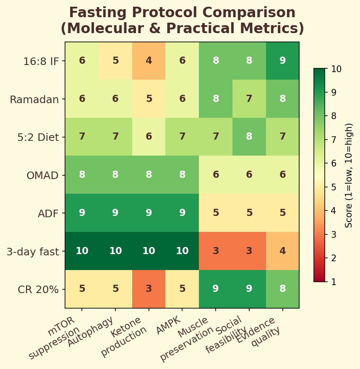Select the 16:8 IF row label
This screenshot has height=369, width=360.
click(x=41, y=61)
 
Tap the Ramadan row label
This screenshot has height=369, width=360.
click(x=34, y=99)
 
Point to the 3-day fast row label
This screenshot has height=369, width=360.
click(x=33, y=252)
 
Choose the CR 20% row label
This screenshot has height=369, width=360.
click(x=38, y=290)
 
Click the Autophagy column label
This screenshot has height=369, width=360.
click(x=91, y=331)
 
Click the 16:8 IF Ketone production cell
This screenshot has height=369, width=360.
click(x=149, y=61)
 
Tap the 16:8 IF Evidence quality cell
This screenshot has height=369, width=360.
click(x=282, y=61)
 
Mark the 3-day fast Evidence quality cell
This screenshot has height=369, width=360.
click(x=282, y=251)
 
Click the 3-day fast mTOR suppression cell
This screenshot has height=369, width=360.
click(x=82, y=251)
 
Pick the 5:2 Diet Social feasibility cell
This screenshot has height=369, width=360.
click(x=249, y=137)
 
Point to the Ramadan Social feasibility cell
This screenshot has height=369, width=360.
click(x=249, y=99)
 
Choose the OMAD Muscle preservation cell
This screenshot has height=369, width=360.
click(x=216, y=175)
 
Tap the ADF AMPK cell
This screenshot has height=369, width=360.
click(x=182, y=213)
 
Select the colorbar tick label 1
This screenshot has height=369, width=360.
click(x=333, y=281)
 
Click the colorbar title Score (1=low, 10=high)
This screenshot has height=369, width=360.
click(x=349, y=175)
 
